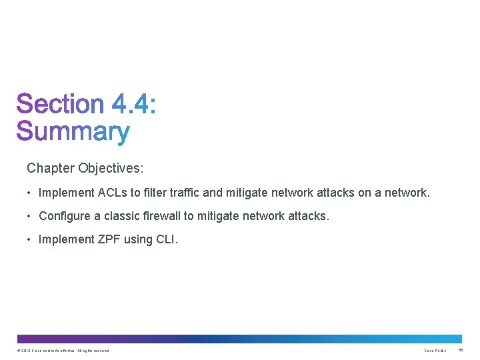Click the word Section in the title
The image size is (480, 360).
click(x=60, y=105)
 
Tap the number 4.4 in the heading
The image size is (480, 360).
click(x=133, y=105)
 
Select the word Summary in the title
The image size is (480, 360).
click(x=73, y=132)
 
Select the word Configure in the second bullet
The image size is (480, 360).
click(x=65, y=217)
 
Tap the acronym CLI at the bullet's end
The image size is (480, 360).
click(x=165, y=240)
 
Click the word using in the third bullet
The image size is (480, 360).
click(x=137, y=240)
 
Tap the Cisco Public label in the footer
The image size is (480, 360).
click(x=435, y=351)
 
